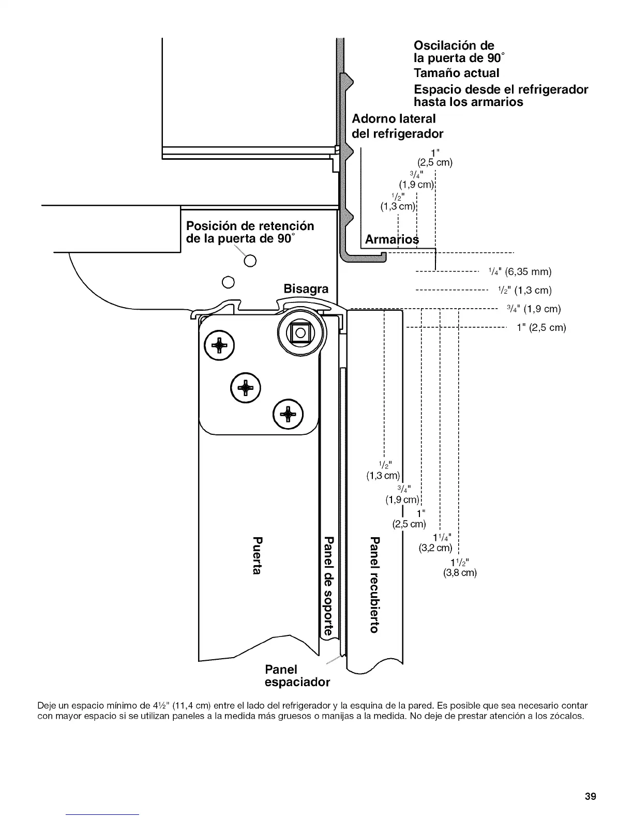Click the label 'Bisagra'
306,289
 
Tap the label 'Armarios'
391,240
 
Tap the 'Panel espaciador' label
296,676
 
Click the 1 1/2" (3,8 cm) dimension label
460,568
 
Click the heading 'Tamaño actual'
457,73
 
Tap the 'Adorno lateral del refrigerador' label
397,126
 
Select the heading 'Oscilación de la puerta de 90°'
454,52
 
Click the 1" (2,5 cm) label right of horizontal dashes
541,327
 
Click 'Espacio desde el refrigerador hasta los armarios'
501,96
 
